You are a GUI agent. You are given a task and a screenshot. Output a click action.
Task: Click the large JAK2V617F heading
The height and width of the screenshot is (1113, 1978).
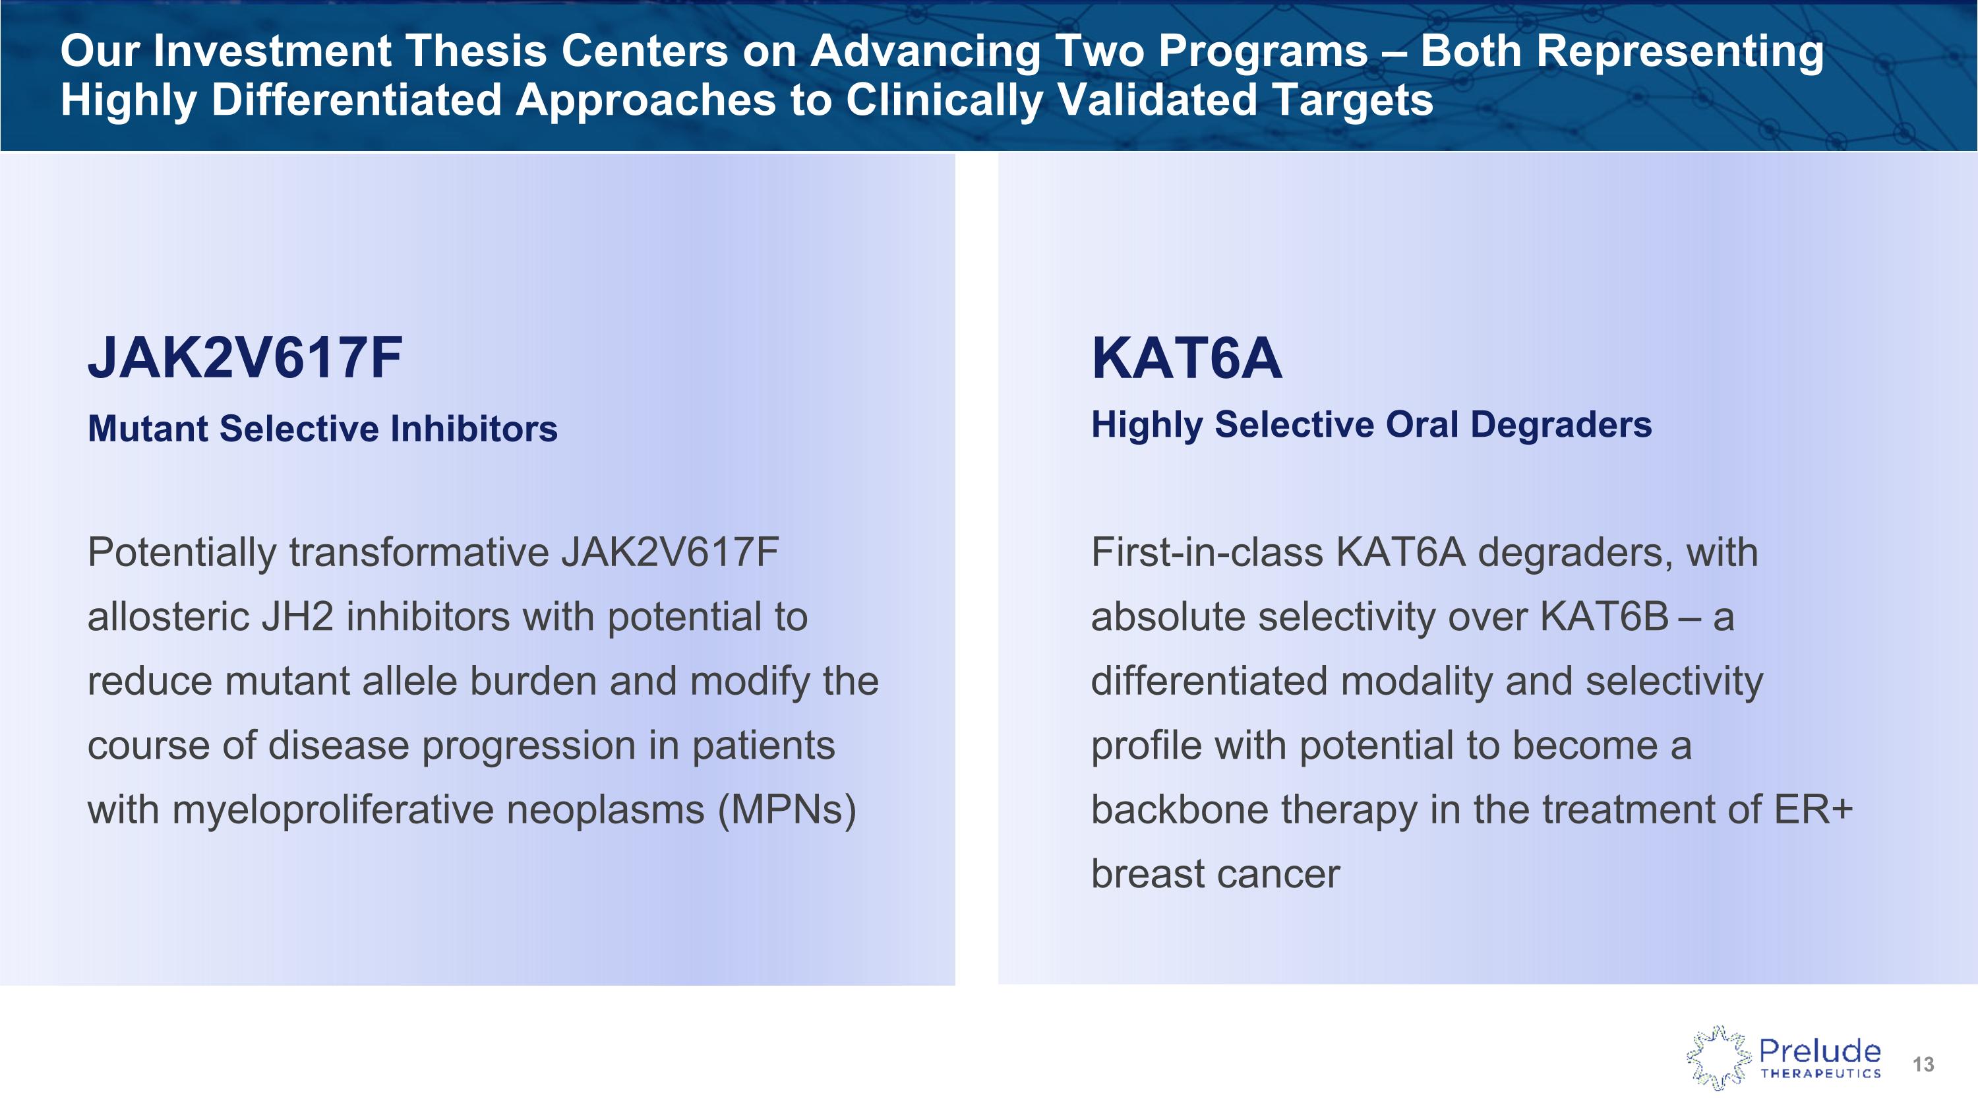pos(245,358)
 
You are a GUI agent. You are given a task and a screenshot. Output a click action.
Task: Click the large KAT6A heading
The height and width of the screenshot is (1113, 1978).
pos(1187,358)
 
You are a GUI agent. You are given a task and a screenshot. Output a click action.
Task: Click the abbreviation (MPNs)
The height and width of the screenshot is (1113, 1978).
pos(787,810)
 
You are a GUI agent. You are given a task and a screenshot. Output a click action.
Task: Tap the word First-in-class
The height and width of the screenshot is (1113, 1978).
pos(1208,552)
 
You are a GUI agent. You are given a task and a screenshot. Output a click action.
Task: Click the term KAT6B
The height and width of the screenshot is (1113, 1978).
pos(1604,617)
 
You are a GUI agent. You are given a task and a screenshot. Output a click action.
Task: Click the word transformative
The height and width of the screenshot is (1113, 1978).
pos(419,552)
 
